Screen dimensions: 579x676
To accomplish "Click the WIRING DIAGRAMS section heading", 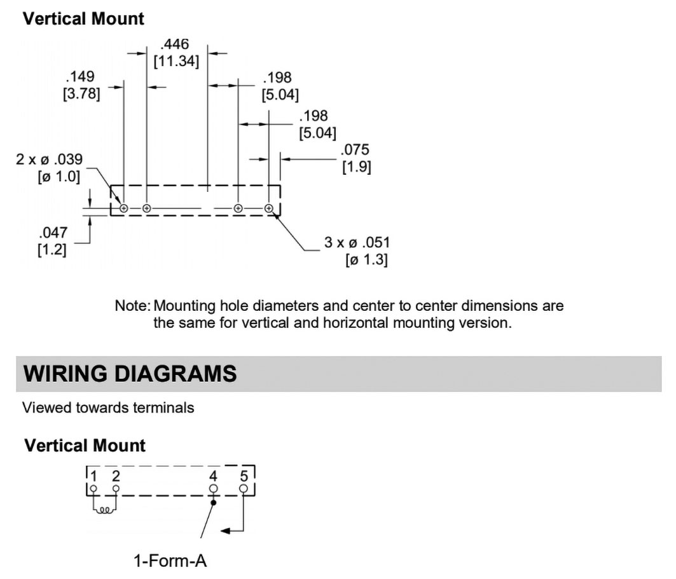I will [x=130, y=373].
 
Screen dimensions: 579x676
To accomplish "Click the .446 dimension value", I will [x=175, y=44].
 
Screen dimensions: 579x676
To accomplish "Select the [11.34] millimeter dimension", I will [x=176, y=62].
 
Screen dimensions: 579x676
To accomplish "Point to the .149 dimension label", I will [x=80, y=77].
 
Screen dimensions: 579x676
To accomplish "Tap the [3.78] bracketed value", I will [x=81, y=95].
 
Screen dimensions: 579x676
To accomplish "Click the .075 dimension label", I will [x=355, y=150].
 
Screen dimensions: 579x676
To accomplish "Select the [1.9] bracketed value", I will [x=355, y=167].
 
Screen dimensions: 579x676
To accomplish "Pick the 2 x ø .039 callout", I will [x=50, y=159].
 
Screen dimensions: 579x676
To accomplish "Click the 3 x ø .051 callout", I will [x=357, y=242].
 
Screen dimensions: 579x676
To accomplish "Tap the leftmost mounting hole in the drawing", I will [x=124, y=208].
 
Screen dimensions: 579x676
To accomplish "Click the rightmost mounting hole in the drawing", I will [x=269, y=208].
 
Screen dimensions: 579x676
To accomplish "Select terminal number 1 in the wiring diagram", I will [x=93, y=477].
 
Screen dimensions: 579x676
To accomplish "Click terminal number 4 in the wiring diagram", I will [x=213, y=477].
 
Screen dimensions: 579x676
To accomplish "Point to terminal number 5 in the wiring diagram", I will [x=244, y=477].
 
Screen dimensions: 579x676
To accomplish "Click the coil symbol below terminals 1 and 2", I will [x=105, y=508].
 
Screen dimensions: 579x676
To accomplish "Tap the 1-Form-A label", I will [x=170, y=561].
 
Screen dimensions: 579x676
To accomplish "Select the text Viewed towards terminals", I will [x=108, y=407].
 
